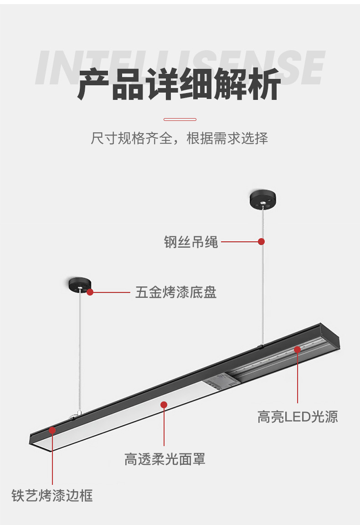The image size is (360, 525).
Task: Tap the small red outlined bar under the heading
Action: click(x=180, y=120)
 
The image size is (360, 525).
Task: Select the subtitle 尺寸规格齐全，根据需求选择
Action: click(x=180, y=138)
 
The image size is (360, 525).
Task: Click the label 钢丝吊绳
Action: click(x=190, y=242)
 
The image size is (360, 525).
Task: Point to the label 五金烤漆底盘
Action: click(x=176, y=292)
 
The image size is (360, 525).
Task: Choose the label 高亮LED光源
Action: click(x=298, y=417)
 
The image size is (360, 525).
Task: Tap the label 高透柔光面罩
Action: click(x=165, y=459)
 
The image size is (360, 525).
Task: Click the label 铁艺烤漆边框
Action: click(x=52, y=495)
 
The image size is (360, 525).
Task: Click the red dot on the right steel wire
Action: click(x=261, y=241)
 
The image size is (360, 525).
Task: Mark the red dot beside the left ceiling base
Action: click(x=90, y=292)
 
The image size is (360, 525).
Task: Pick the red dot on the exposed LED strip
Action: click(x=297, y=349)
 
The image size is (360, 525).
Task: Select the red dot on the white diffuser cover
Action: click(x=164, y=405)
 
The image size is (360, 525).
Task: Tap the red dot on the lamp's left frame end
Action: click(x=52, y=430)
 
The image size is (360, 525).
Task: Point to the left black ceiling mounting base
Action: click(x=80, y=284)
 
